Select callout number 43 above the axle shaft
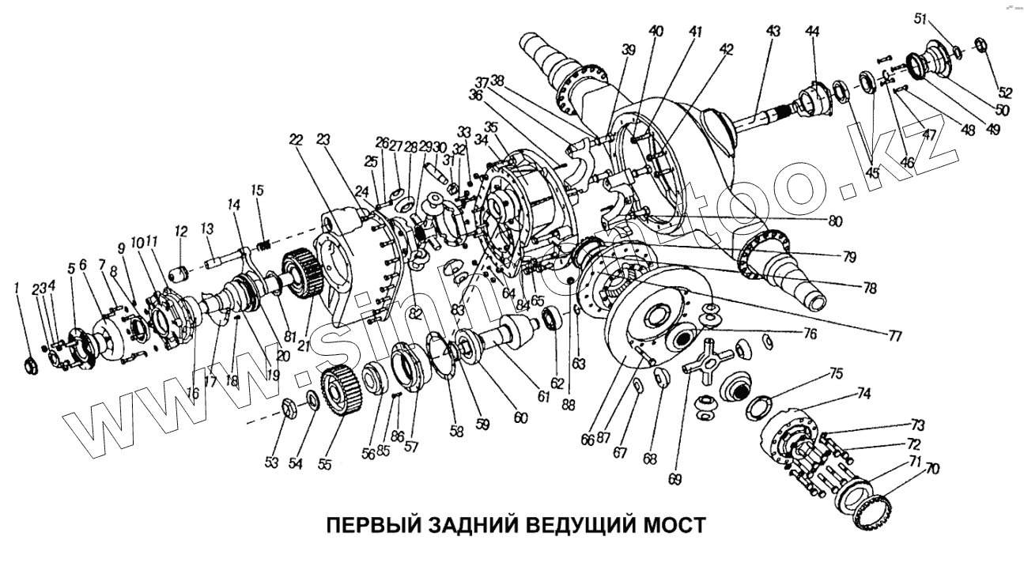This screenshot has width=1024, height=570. point(773,32)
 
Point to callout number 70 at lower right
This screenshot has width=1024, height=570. point(932,470)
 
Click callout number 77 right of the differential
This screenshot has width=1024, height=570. point(894,336)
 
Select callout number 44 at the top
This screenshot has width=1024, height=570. point(812,32)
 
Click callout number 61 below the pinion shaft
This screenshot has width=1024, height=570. point(543,396)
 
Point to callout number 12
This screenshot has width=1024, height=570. point(181,232)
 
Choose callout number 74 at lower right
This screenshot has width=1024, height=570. point(863,393)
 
